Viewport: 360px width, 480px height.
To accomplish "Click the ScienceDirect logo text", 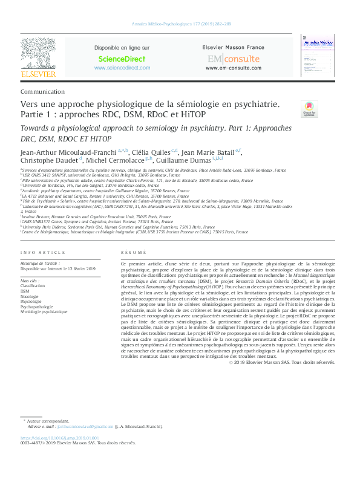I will point(122,59).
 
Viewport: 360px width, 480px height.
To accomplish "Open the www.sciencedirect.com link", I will point(122,68).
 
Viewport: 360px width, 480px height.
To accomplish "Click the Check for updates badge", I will point(309,109).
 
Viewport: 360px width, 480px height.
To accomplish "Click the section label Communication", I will point(42,91).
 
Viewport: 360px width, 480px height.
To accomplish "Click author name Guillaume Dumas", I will point(183,160).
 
